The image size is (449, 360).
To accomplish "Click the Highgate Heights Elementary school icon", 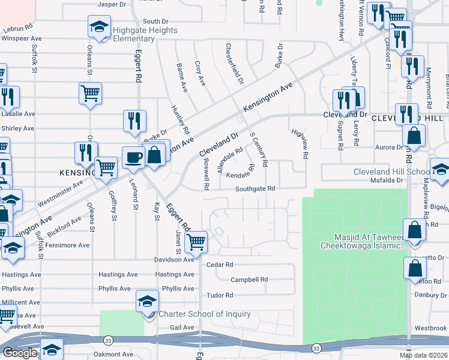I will click(99, 27).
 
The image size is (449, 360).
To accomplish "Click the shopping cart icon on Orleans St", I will click(90, 93).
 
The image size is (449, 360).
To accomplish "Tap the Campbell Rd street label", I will click(249, 280).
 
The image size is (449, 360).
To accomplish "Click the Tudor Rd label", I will click(219, 295).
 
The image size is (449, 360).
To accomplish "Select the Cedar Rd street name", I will click(219, 264).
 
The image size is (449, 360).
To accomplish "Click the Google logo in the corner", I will click(20, 353).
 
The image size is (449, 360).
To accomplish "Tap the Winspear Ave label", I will click(22, 38).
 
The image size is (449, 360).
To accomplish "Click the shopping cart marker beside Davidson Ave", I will click(196, 242).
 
